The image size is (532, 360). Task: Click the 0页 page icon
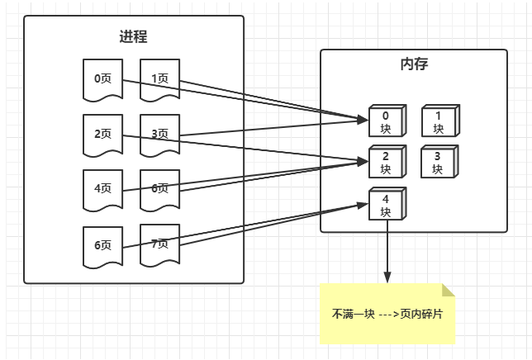click(103, 79)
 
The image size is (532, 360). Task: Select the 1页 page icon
click(159, 79)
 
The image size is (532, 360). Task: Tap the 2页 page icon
click(103, 135)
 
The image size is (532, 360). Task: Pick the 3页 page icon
click(159, 135)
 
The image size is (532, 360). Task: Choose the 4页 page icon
click(103, 189)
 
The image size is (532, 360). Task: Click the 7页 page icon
click(159, 244)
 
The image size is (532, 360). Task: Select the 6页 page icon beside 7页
click(103, 246)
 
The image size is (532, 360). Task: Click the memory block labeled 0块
click(385, 122)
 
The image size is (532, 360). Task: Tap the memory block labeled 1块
click(438, 122)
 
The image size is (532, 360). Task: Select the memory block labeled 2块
click(385, 163)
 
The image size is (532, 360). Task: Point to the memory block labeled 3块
click(438, 163)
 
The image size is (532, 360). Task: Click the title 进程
click(134, 36)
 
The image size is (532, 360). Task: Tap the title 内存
click(413, 64)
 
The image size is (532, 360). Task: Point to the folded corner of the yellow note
click(449, 290)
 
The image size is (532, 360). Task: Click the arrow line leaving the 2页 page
click(248, 146)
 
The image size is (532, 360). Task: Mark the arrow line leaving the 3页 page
click(273, 128)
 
